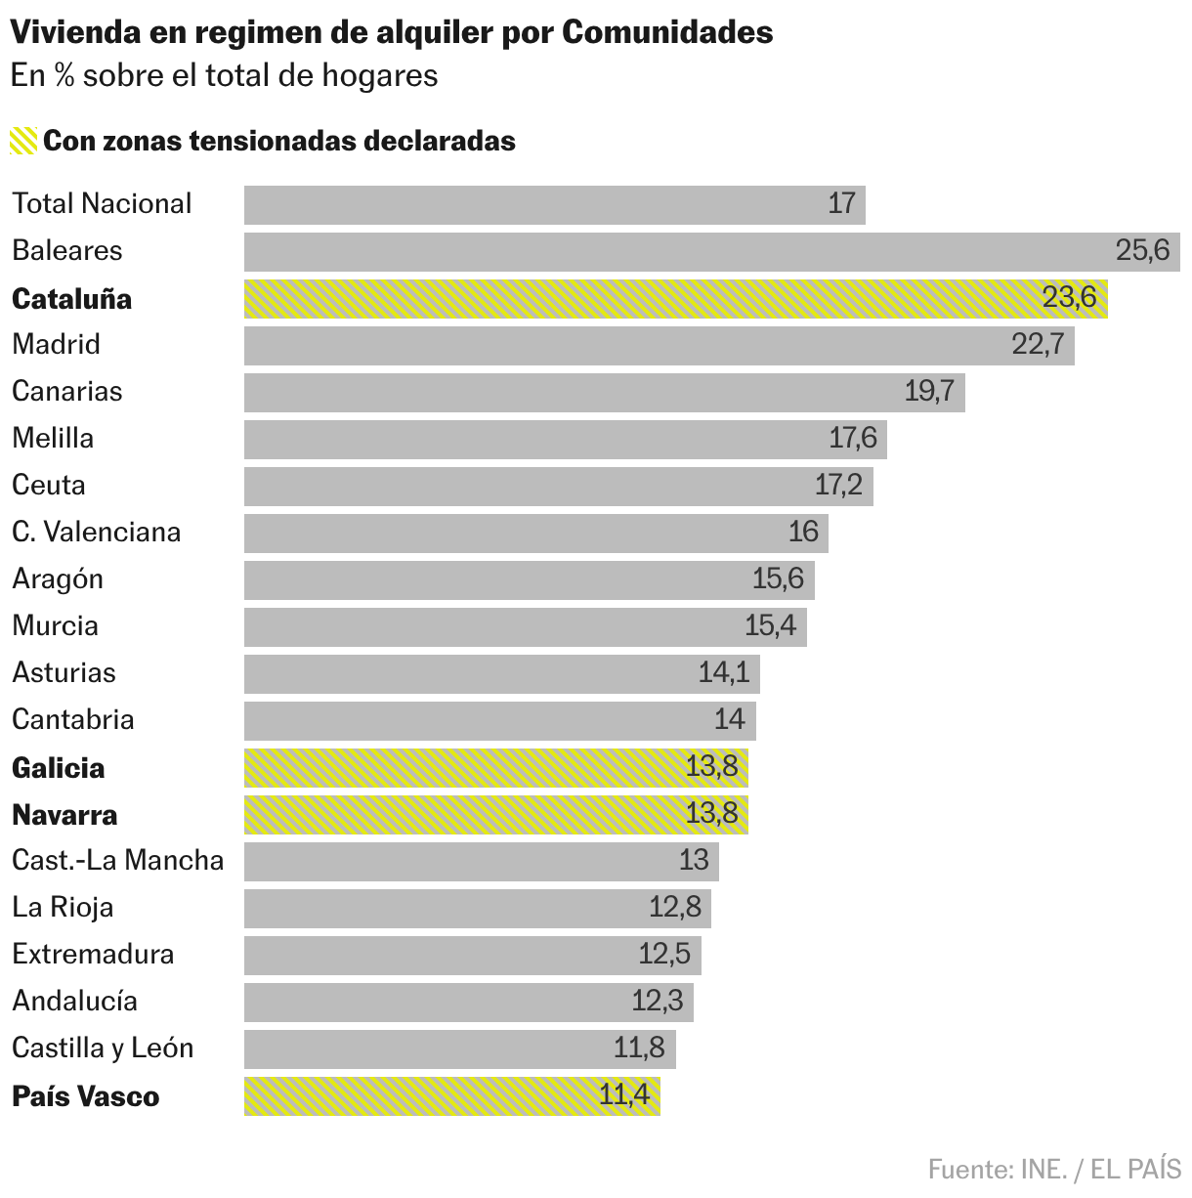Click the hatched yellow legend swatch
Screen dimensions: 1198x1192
[x=23, y=141]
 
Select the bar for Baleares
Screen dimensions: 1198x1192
[x=711, y=251]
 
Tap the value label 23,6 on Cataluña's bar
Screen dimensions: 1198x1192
[x=1069, y=297]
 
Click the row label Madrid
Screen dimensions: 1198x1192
[x=56, y=344]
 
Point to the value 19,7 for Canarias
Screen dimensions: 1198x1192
[x=929, y=391]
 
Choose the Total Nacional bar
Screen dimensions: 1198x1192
[x=554, y=204]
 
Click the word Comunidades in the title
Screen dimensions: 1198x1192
[x=667, y=32]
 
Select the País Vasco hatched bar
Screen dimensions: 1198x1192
[x=451, y=1095]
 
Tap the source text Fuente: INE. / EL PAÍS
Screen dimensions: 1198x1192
[x=1054, y=1169]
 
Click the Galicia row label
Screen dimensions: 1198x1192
[x=58, y=768]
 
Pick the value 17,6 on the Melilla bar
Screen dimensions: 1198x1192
[x=853, y=438]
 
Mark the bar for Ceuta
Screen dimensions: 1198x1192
[x=558, y=486]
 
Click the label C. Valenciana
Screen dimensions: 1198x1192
[x=96, y=532]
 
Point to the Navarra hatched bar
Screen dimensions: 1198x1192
[x=495, y=814]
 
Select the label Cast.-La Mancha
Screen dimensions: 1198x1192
[x=117, y=860]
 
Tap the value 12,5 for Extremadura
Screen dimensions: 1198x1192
[x=664, y=954]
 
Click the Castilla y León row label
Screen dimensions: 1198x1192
[x=103, y=1048]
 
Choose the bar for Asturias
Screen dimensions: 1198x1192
[x=501, y=673]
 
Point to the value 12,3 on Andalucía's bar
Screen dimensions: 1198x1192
[x=658, y=1001]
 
